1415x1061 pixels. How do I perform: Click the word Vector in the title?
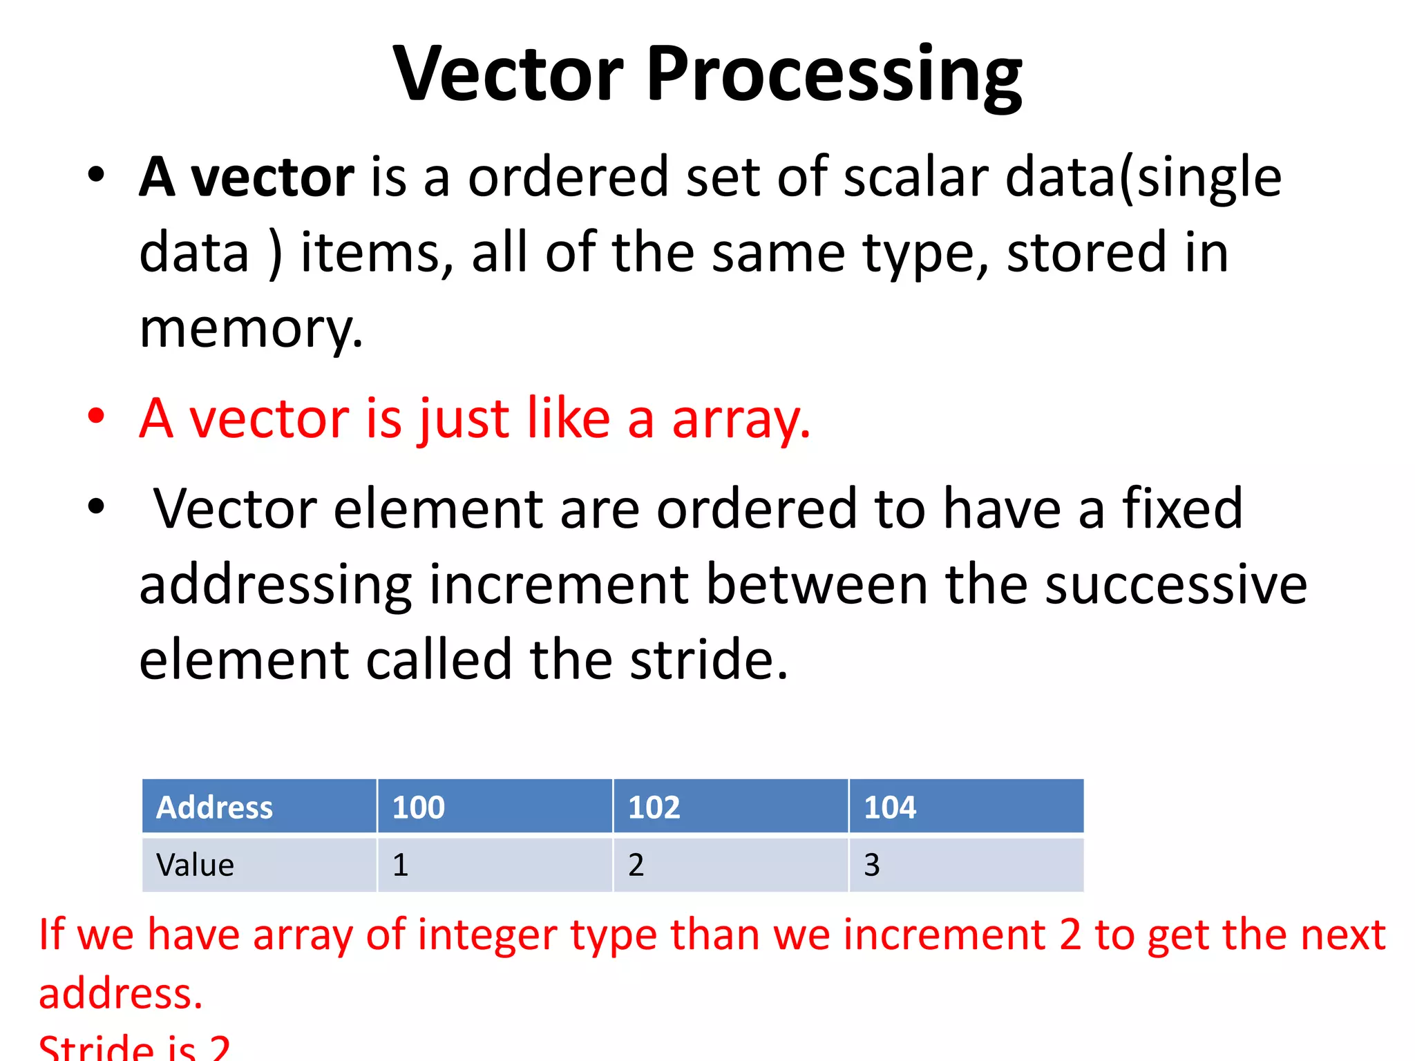click(509, 74)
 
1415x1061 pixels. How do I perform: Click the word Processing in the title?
click(834, 76)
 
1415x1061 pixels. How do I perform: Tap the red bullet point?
click(96, 417)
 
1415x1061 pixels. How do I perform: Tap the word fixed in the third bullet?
click(1182, 508)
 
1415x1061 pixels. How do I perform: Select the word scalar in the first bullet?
click(916, 178)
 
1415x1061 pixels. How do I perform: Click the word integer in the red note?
click(487, 935)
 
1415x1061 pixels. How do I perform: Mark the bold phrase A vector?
click(247, 178)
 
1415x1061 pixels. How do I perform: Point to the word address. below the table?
click(121, 993)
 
